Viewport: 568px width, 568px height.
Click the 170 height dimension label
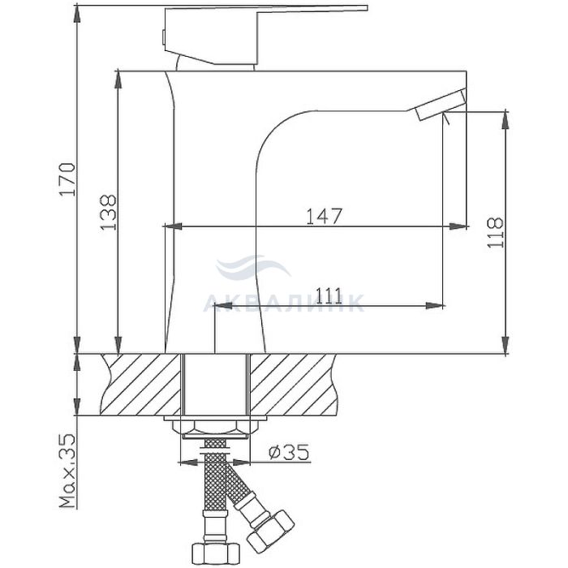click(67, 179)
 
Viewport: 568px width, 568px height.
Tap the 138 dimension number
click(108, 213)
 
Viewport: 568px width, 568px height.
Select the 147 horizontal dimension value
click(325, 217)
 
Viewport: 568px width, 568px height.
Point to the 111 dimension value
click(329, 296)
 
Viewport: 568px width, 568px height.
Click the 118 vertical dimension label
click(495, 233)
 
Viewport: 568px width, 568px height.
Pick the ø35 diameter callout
click(289, 452)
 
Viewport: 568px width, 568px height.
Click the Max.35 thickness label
click(67, 470)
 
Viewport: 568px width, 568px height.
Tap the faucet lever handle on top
click(265, 36)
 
